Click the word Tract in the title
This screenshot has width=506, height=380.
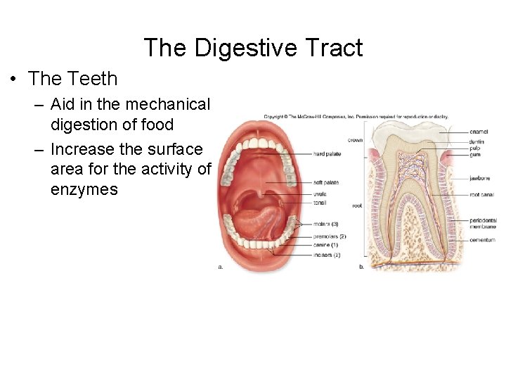point(334,48)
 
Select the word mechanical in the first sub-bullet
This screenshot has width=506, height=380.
point(166,105)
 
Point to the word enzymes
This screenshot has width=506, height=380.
point(84,189)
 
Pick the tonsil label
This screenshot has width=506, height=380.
point(320,203)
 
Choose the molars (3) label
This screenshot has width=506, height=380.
point(325,224)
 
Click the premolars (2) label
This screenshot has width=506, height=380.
point(329,236)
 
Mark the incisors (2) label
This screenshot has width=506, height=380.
point(327,255)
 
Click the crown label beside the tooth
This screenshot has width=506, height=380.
point(355,139)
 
